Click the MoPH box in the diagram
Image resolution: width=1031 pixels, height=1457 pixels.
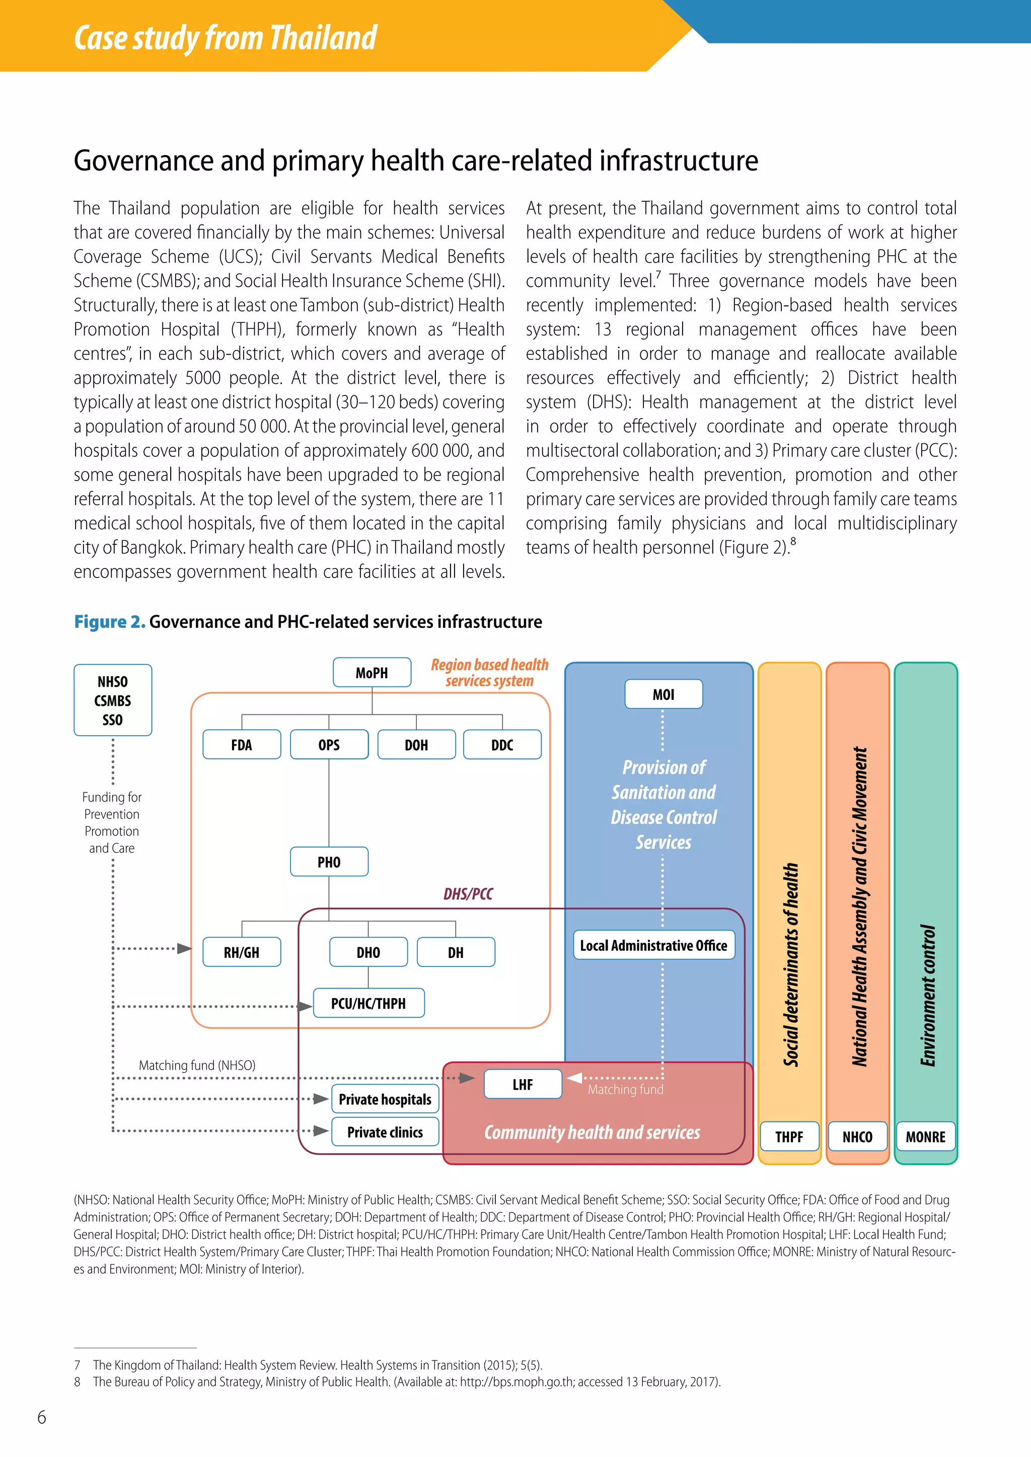coord(372,673)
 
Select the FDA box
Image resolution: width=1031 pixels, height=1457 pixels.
coord(241,745)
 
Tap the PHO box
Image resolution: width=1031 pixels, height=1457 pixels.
coord(329,862)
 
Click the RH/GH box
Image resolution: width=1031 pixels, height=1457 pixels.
coord(241,952)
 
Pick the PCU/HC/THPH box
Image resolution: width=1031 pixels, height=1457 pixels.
coord(368,1003)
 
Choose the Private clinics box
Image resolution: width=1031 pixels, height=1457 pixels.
coord(385,1132)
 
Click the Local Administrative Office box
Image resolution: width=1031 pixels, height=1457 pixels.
coord(653,945)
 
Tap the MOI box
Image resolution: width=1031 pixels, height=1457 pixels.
coord(664,694)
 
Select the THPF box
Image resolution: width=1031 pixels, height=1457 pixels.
coord(789,1137)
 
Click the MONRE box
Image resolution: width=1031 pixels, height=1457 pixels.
coord(925,1137)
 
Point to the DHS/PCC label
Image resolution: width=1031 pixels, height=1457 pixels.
coord(468,894)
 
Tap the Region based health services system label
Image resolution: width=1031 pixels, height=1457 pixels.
coord(489,673)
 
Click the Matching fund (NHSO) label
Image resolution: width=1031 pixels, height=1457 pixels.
coord(197,1066)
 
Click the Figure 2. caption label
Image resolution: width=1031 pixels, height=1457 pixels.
coord(109,622)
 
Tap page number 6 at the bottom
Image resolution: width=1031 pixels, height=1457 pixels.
coord(42,1417)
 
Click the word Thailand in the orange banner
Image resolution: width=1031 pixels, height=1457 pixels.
coord(323,38)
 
